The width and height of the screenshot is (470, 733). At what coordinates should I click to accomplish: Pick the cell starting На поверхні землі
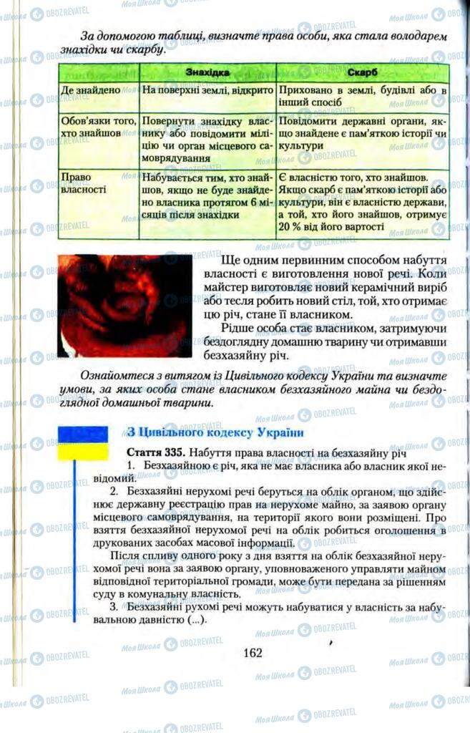coord(205,92)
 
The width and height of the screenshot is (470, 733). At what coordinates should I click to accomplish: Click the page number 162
coord(253,652)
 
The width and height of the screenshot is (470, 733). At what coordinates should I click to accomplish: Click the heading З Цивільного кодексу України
coord(205,433)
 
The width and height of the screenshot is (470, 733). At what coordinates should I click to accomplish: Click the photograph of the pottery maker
coord(124,306)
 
